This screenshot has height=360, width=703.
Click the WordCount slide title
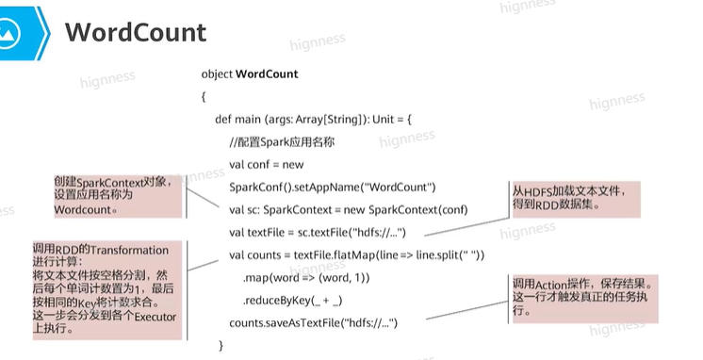click(136, 32)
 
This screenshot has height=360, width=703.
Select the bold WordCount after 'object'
click(267, 74)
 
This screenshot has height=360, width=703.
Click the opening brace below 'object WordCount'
click(204, 97)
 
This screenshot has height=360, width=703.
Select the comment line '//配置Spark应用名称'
click(282, 142)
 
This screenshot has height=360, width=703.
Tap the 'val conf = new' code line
click(267, 165)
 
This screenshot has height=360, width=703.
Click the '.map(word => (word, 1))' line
click(306, 278)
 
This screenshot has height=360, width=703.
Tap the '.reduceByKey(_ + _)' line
click(293, 301)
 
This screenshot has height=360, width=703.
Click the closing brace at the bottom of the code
click(221, 345)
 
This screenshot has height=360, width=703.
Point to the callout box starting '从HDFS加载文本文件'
click(576, 200)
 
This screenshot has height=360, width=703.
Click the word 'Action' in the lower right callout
click(551, 285)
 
